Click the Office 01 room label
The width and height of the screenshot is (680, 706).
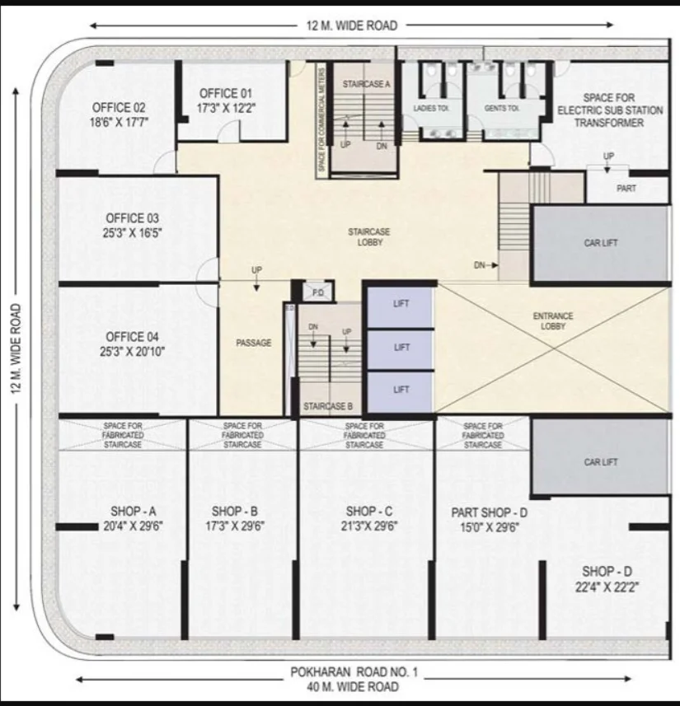225,94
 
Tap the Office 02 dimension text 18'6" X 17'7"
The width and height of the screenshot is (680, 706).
119,122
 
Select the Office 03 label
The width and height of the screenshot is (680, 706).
132,218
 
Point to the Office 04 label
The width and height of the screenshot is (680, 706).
132,337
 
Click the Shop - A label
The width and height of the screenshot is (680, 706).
134,512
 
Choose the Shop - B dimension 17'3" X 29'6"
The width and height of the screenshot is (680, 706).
235,526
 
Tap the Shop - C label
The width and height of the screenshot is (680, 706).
369,512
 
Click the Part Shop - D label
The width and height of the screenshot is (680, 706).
490,512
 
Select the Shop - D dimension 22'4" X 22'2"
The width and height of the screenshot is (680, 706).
607,587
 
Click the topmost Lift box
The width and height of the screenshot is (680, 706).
401,307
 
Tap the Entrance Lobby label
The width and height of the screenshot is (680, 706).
553,321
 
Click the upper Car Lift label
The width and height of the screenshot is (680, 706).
601,243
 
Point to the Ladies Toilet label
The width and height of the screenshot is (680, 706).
431,108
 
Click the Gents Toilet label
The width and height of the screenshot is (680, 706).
501,108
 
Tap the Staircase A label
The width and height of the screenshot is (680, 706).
366,84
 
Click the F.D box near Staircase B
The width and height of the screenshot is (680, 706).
318,292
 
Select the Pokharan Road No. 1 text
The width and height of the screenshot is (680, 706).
354,672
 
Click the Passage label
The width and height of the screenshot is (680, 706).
254,343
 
